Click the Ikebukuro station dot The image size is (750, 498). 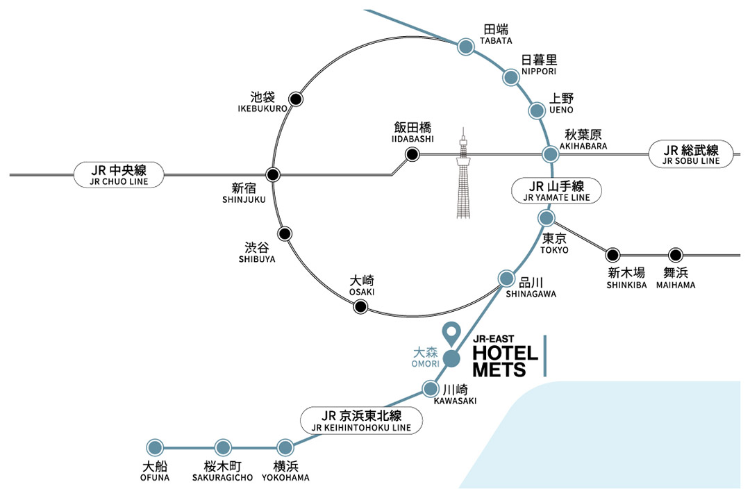point(296,99)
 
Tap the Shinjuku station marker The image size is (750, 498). point(274,174)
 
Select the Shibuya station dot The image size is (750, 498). point(284,233)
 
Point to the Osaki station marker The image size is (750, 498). point(360,306)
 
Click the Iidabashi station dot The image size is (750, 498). point(412,154)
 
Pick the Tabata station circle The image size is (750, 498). point(465,47)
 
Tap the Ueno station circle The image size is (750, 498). point(537,110)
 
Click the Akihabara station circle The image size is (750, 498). point(550,154)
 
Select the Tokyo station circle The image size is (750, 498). point(547,219)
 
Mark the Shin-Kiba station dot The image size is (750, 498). point(612,255)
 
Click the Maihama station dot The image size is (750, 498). point(675,255)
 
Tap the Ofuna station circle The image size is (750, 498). point(155,447)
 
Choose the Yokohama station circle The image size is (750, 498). point(285,447)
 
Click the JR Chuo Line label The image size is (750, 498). point(119,174)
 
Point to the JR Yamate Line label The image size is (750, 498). point(556,190)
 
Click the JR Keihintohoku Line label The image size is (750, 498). point(362,420)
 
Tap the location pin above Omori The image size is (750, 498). point(452,335)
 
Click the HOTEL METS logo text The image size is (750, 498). point(505,360)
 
